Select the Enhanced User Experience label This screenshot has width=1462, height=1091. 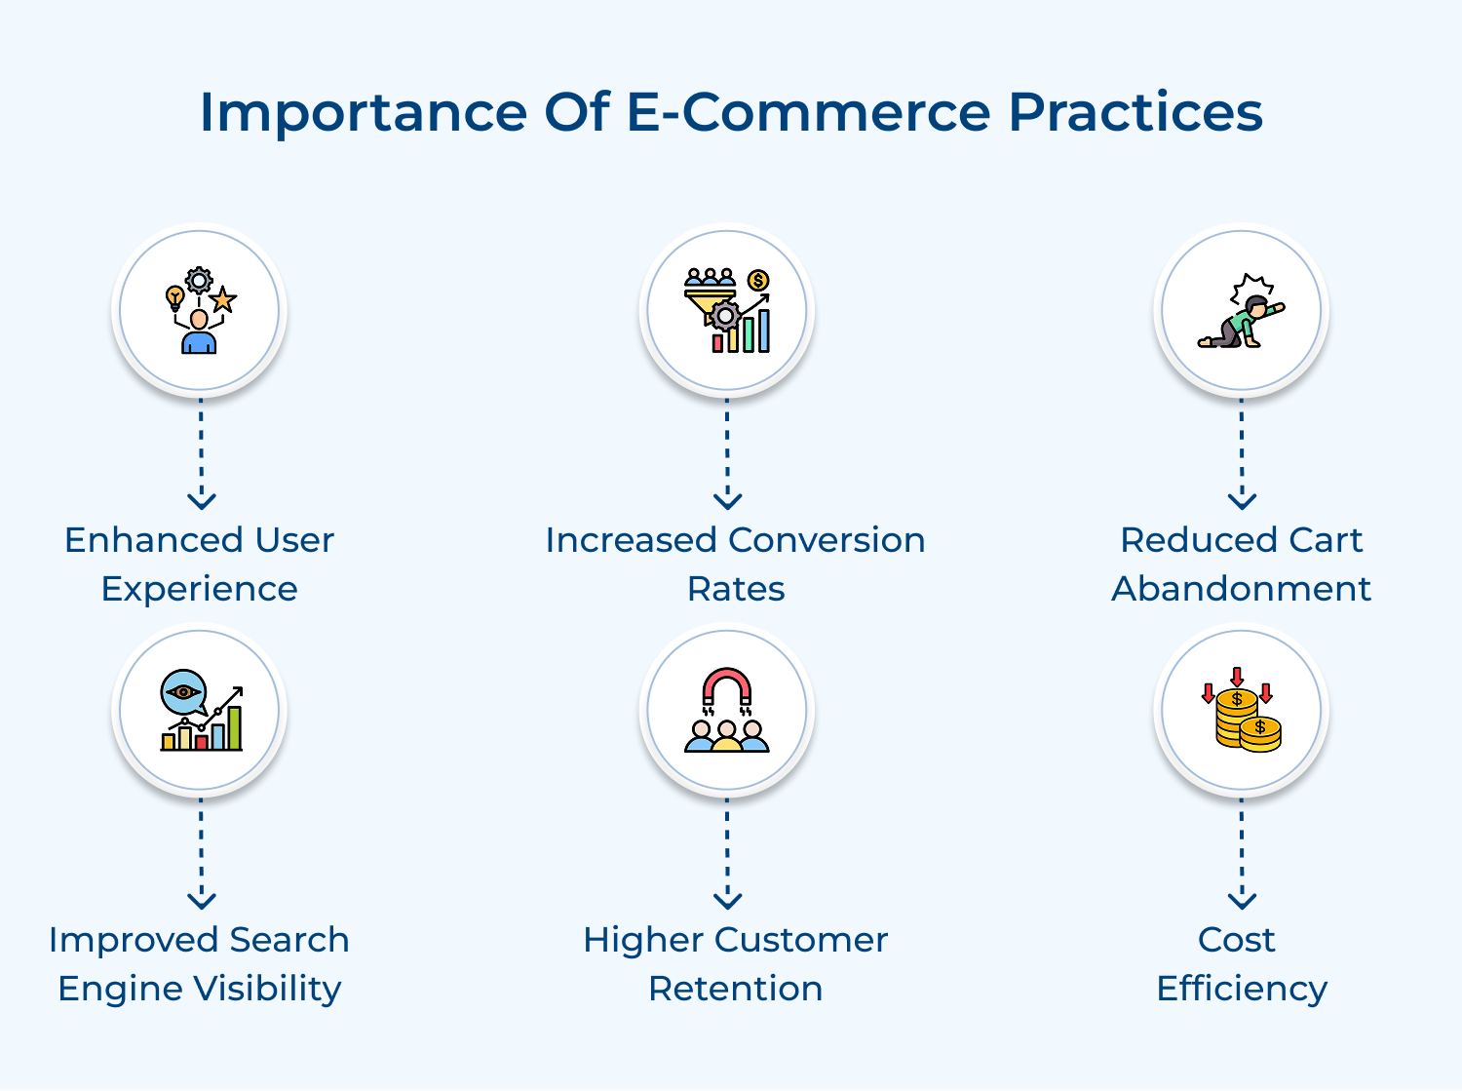(x=200, y=564)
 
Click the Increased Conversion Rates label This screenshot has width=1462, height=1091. (x=735, y=564)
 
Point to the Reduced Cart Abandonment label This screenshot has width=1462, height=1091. (x=1241, y=564)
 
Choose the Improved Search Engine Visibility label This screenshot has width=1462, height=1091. (x=200, y=963)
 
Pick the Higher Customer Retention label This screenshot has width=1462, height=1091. (x=735, y=963)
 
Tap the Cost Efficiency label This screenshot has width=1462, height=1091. (x=1241, y=963)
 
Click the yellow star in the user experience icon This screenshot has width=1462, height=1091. (x=224, y=299)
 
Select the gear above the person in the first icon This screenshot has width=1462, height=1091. (x=199, y=281)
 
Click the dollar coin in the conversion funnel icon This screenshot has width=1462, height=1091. (x=758, y=281)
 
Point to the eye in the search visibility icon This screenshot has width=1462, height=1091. (x=182, y=691)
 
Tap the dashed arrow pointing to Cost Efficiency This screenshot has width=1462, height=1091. (x=1242, y=853)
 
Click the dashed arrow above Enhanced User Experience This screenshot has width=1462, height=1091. (x=201, y=453)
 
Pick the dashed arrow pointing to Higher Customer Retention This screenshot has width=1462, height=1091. (x=727, y=853)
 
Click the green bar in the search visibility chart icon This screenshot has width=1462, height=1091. (x=234, y=727)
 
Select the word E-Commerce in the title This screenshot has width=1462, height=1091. (x=808, y=112)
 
